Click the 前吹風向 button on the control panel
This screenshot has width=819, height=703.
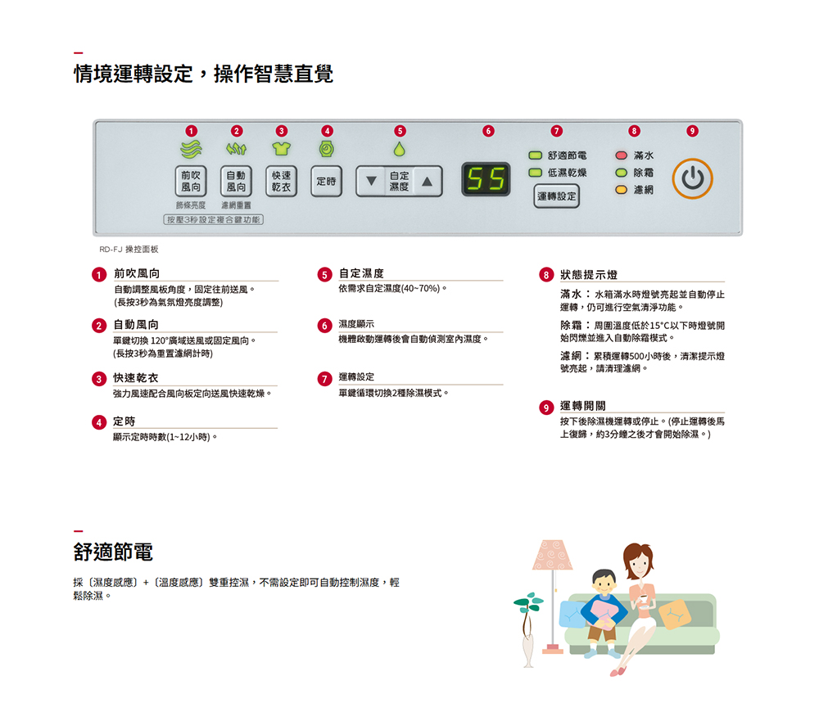[191, 181]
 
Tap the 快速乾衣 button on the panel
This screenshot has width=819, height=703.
[281, 181]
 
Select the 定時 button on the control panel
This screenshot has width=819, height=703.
[327, 181]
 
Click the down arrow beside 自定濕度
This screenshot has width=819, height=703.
[371, 181]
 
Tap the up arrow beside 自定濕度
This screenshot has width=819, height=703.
[428, 181]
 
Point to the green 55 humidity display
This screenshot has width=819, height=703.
[486, 179]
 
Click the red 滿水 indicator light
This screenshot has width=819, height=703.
[621, 155]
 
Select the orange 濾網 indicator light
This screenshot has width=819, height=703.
[621, 189]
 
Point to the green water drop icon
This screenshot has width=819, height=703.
[400, 149]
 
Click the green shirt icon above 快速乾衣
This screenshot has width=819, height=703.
[281, 149]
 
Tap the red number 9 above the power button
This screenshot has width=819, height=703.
[692, 130]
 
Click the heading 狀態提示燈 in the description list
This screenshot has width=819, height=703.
[589, 275]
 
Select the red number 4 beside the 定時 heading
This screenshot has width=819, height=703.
[99, 422]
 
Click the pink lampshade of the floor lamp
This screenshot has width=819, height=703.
[552, 555]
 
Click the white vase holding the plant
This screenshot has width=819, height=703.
[528, 650]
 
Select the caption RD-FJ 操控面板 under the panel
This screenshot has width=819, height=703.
[129, 250]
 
